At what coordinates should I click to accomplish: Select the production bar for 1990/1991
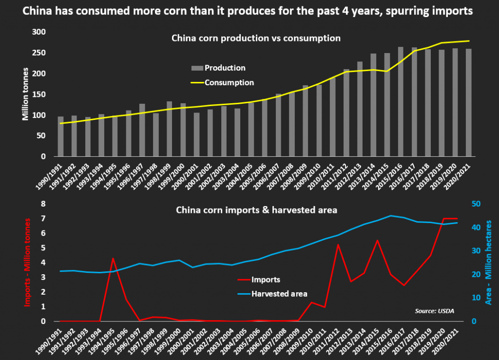(61, 137)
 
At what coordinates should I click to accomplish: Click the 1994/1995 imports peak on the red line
(113, 258)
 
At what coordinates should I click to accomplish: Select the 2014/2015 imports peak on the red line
(377, 240)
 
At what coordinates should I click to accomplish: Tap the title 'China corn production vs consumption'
(256, 38)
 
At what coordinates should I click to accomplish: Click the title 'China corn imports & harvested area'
(256, 210)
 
